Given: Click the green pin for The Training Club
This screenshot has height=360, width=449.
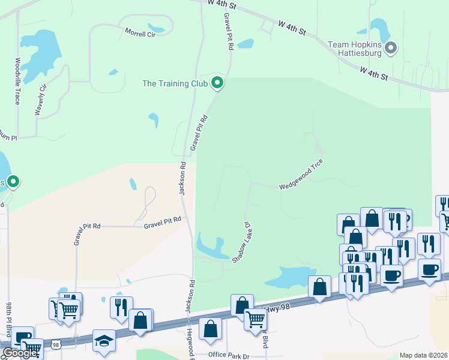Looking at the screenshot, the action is pyautogui.click(x=217, y=83).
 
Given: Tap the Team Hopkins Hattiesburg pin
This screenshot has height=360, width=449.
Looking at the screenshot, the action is pyautogui.click(x=391, y=48).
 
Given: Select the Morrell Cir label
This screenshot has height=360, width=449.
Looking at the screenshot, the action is pyautogui.click(x=140, y=34).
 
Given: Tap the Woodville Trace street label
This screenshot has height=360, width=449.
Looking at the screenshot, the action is pyautogui.click(x=17, y=81).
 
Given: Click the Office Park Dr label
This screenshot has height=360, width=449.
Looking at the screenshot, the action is pyautogui.click(x=229, y=355).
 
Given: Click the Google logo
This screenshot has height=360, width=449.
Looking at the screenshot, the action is pyautogui.click(x=20, y=353).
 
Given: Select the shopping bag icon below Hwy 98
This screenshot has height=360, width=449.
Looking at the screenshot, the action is pyautogui.click(x=210, y=328).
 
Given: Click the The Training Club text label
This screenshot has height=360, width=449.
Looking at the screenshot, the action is pyautogui.click(x=175, y=83).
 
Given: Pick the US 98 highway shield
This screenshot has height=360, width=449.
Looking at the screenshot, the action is pyautogui.click(x=56, y=345).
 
